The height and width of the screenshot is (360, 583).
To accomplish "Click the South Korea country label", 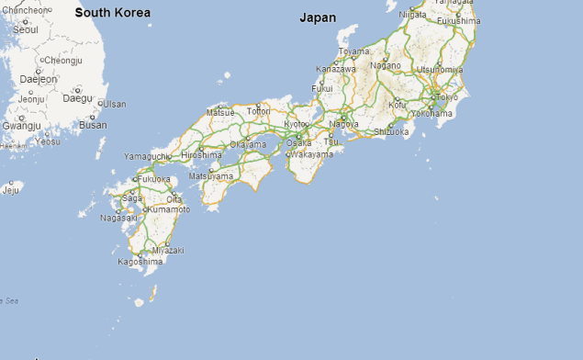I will (112, 13).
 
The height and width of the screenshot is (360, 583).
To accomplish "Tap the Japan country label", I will (318, 17).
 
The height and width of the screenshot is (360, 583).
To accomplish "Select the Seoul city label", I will (26, 29).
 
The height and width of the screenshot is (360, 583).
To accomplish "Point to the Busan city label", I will (93, 125).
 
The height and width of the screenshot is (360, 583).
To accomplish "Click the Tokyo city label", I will (446, 96).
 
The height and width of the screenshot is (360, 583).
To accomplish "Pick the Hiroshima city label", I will (202, 155).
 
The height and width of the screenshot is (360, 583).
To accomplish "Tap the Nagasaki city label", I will (118, 218).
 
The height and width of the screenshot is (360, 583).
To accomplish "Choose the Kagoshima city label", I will (140, 262).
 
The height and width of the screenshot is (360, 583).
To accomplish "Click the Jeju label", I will (11, 190).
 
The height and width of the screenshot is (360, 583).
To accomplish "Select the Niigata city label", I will (413, 15).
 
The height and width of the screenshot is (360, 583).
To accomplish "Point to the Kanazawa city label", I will (335, 69).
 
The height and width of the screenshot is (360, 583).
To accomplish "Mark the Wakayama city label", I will (312, 154).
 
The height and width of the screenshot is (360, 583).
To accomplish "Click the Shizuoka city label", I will (391, 131).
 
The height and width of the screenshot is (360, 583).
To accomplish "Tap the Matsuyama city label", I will (211, 175).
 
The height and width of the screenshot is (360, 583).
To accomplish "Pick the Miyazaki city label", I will (168, 250).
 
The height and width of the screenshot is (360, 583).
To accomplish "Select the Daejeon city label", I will (39, 79).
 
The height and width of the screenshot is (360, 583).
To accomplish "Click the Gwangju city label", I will (21, 126).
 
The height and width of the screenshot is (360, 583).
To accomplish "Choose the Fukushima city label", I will (457, 20).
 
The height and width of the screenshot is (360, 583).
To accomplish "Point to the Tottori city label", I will (259, 111).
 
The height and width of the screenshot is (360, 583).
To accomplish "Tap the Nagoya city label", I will (344, 124).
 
